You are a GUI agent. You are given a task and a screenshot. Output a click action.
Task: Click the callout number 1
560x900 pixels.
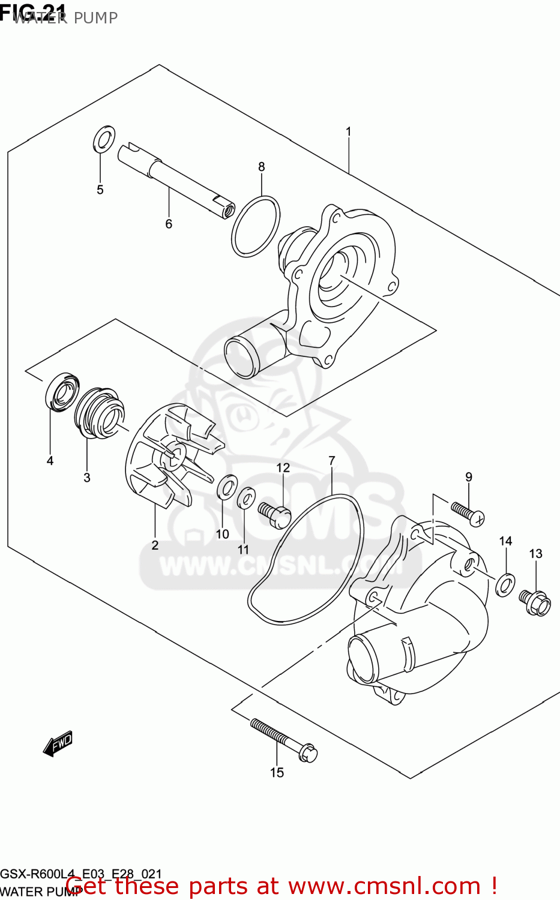(348, 131)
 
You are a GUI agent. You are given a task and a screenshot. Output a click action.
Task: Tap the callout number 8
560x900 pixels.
(261, 167)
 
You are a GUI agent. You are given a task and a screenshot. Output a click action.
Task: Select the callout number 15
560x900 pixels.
(277, 773)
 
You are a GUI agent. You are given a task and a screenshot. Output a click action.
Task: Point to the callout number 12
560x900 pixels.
(283, 468)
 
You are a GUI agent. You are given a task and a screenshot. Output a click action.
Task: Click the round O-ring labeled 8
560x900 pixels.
(256, 226)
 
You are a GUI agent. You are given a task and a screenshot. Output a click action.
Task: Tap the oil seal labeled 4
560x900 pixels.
(62, 392)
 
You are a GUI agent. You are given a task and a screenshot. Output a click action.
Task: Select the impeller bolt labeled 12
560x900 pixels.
(275, 515)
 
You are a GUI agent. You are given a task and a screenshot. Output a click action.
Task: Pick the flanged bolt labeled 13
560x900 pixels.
(536, 601)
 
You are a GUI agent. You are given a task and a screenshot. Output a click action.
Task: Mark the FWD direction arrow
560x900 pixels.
(58, 743)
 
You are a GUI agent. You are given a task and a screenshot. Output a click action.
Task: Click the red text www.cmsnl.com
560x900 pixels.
(384, 886)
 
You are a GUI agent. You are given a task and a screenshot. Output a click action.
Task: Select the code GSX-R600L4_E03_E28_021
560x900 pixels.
(80, 874)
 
